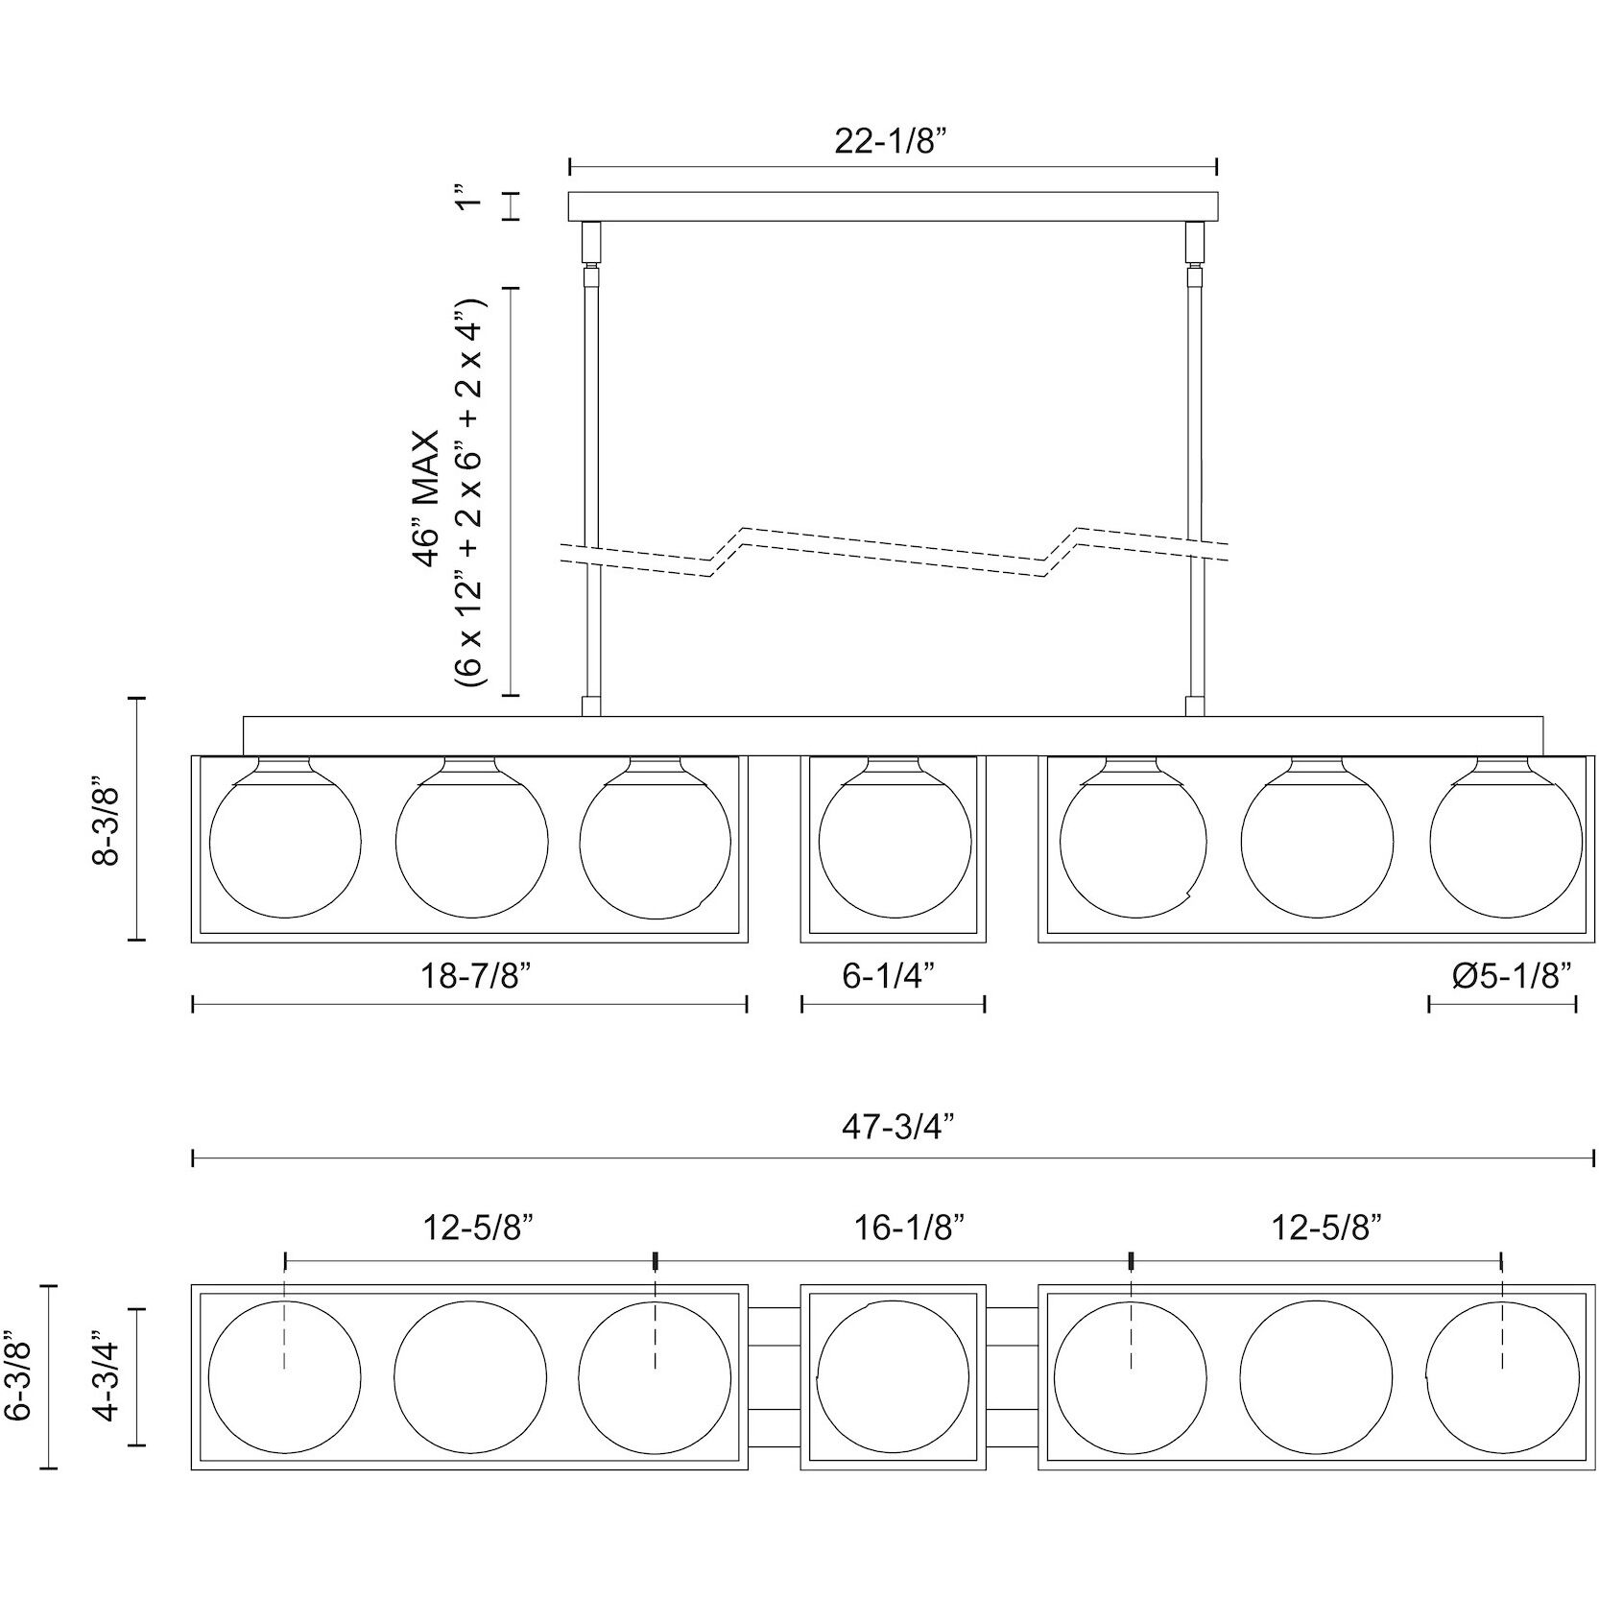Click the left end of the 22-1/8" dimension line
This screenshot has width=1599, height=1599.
tap(570, 167)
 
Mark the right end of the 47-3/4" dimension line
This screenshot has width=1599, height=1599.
tap(1594, 1159)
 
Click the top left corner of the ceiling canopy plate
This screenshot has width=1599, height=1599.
tap(569, 193)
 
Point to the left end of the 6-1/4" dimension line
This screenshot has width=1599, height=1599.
tap(802, 1004)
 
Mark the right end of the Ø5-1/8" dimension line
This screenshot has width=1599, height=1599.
tap(1576, 1004)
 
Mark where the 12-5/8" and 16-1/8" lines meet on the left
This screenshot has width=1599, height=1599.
tap(655, 1260)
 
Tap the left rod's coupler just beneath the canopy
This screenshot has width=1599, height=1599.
tap(591, 243)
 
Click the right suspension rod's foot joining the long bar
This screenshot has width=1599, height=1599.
tap(1195, 706)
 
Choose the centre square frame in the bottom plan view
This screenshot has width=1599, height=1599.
tap(894, 1376)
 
